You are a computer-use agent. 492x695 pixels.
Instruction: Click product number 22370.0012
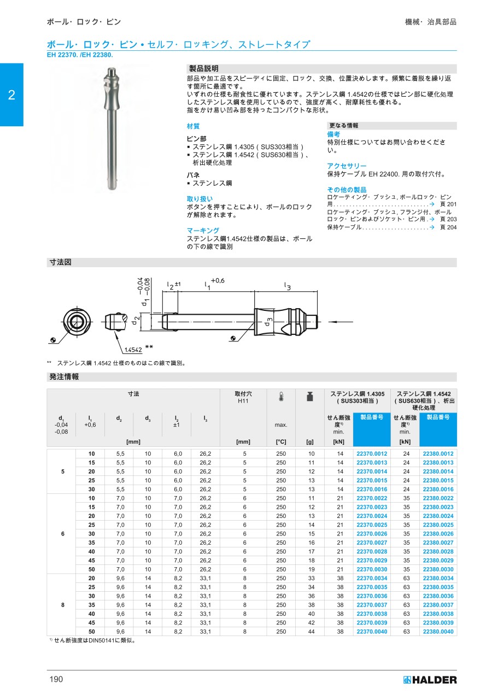372,454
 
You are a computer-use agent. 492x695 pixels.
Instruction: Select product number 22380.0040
437,632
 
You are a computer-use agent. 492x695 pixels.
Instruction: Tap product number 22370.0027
372,543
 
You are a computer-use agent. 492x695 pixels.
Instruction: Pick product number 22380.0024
437,516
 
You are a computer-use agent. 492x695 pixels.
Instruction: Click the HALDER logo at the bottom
430,680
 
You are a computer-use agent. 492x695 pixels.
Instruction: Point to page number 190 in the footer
56,679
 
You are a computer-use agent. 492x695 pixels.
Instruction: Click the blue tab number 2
11,95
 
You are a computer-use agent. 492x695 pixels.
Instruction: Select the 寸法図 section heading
61,263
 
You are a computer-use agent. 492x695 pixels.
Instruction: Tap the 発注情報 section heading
65,377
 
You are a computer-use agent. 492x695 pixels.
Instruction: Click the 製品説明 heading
203,68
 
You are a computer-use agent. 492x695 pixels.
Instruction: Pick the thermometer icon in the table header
281,397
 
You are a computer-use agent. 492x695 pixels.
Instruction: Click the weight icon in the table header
309,397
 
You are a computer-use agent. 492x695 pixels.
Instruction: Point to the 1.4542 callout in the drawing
133,350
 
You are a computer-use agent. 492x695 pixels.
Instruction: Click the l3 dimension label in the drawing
287,285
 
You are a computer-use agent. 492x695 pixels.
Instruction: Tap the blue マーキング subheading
203,231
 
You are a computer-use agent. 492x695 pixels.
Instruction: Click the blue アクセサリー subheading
347,166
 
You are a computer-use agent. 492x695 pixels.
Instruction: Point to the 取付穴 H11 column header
243,397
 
